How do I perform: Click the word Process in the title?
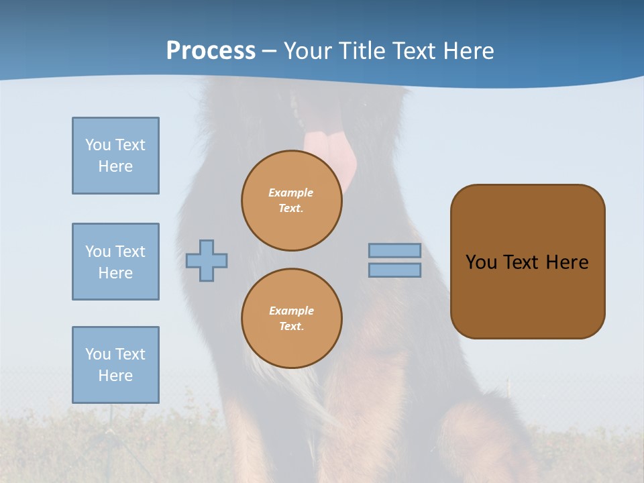coord(211,51)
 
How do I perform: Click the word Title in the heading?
coord(362,51)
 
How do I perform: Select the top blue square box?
coord(115,156)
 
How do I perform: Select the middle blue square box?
coord(115,262)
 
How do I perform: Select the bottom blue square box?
coord(115,365)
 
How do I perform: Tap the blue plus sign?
coord(207,260)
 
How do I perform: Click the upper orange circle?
coord(291,201)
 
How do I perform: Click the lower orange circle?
coord(291,318)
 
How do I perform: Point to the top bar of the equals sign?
coord(394,251)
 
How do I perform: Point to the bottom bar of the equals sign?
coord(394,270)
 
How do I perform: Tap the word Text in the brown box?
coord(521,262)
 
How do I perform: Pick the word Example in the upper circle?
coord(291,193)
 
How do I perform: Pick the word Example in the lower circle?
coord(291,311)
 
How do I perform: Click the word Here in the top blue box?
coord(115,166)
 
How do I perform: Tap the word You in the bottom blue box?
coord(98,354)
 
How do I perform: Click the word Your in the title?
coord(307,51)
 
